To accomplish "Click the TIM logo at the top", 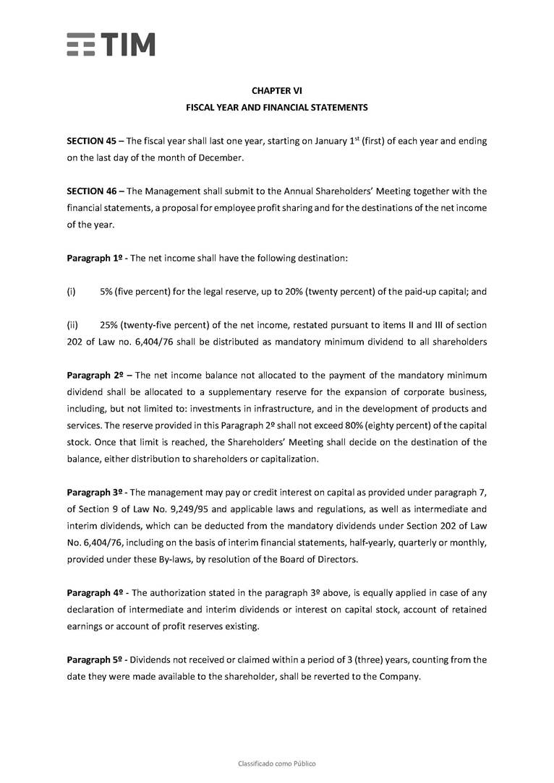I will pos(111,45).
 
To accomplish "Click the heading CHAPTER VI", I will pos(277,91).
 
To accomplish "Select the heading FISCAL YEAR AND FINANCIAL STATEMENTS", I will pos(277,108).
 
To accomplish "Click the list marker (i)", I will pos(71,292).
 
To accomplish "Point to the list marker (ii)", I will pos(72,325).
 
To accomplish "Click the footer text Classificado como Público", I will pos(277,763).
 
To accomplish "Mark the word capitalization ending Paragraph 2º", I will pos(289,459).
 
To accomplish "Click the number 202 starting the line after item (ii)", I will pos(74,342).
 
